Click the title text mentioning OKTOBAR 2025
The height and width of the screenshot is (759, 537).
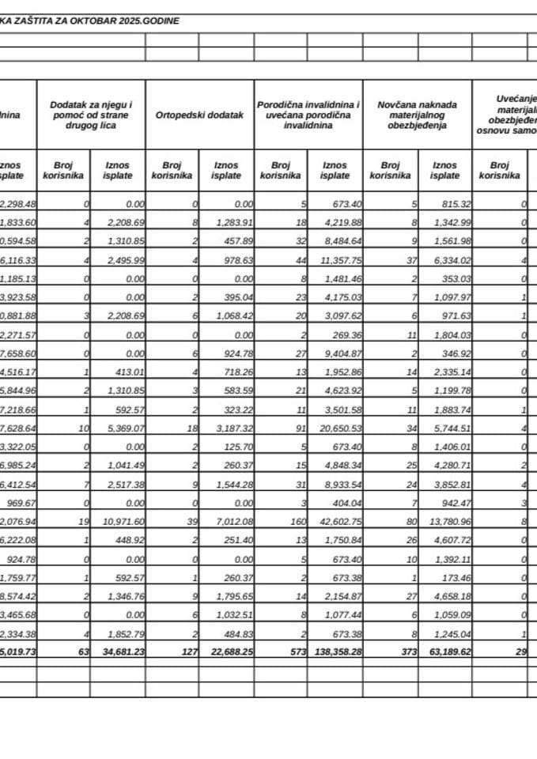89,21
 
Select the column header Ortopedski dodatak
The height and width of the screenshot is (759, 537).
199,115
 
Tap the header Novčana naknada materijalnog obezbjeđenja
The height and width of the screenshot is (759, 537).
417,115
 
